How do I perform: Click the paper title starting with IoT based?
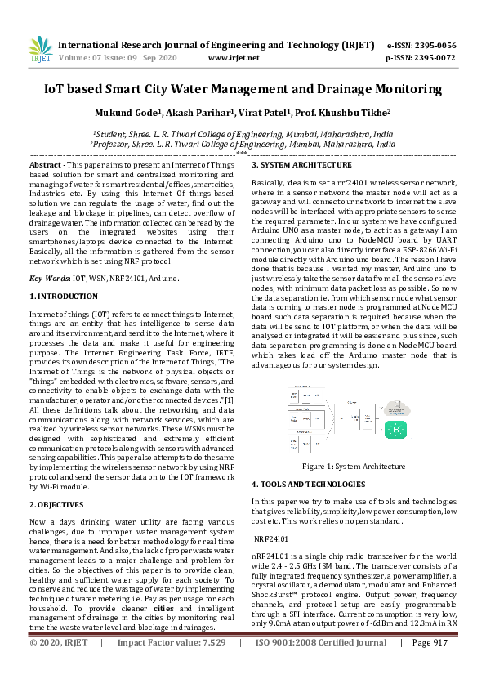point(243,89)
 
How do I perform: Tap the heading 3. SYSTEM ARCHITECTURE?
point(301,166)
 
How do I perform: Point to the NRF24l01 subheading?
point(271,539)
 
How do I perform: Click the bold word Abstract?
point(46,165)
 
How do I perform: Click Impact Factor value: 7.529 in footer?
point(172,666)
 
